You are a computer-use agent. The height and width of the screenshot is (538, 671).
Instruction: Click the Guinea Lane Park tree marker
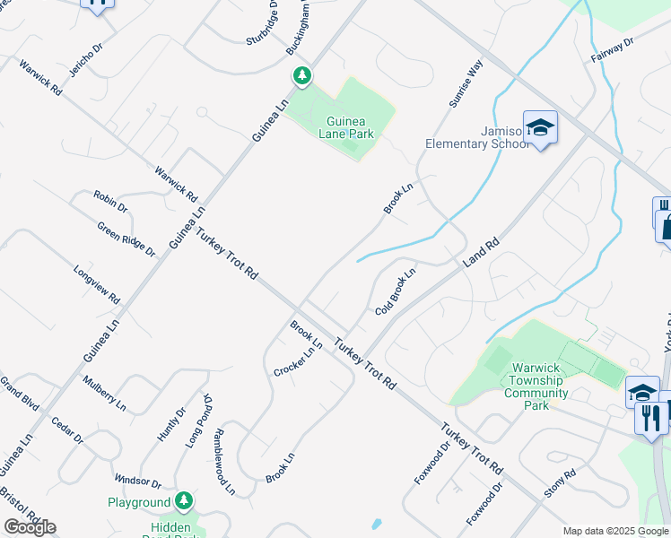click(x=301, y=77)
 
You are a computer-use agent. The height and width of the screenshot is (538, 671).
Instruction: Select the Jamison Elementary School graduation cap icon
click(x=541, y=129)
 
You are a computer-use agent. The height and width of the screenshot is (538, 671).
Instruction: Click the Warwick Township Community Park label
click(x=536, y=386)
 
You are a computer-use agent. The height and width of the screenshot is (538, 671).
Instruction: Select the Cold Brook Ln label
click(x=396, y=292)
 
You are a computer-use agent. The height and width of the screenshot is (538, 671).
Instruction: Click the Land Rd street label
click(x=480, y=252)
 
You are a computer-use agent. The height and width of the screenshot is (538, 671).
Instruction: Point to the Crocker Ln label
click(x=298, y=362)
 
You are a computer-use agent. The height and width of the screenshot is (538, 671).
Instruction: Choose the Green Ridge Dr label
click(x=126, y=239)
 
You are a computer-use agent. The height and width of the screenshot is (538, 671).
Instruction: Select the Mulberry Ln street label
click(x=104, y=392)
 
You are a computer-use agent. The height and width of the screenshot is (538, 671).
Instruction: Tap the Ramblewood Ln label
click(x=223, y=461)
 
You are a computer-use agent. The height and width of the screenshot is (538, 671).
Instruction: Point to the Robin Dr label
click(x=110, y=201)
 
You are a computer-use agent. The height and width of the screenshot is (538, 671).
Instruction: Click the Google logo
click(x=30, y=527)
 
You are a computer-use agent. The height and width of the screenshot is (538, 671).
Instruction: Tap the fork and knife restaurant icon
click(x=649, y=417)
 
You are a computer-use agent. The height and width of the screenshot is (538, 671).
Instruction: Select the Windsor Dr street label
click(x=137, y=482)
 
